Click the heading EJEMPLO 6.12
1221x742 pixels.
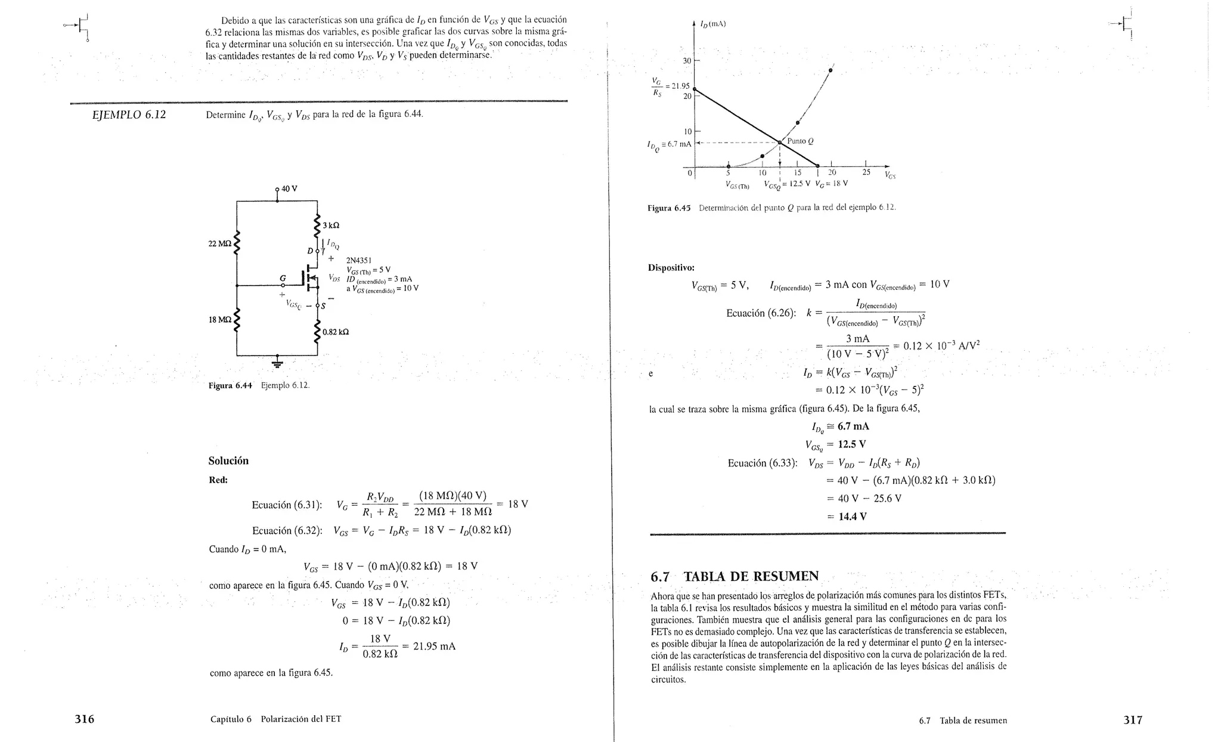pyautogui.click(x=129, y=115)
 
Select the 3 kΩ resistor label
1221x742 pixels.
pyautogui.click(x=331, y=225)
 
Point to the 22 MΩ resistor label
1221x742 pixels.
pyautogui.click(x=219, y=243)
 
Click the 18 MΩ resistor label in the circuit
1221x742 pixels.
pyautogui.click(x=219, y=320)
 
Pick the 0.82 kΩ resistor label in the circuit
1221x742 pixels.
pyautogui.click(x=336, y=332)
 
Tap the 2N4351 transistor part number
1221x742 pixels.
pyautogui.click(x=359, y=260)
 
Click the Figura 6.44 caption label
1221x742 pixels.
pyautogui.click(x=230, y=385)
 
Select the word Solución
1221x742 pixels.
pyautogui.click(x=228, y=460)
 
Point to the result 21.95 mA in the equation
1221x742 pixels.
pyautogui.click(x=434, y=646)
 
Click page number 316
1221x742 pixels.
pyautogui.click(x=84, y=719)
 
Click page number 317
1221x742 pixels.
pyautogui.click(x=1133, y=720)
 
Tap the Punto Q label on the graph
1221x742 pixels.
pyautogui.click(x=800, y=141)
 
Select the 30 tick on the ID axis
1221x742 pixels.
pyautogui.click(x=687, y=61)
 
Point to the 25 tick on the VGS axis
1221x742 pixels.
pyautogui.click(x=866, y=173)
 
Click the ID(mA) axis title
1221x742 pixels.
pyautogui.click(x=713, y=24)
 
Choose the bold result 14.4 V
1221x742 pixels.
pyautogui.click(x=853, y=517)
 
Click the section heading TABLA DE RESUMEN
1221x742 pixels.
pyautogui.click(x=751, y=576)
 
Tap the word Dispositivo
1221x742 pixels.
pyautogui.click(x=671, y=268)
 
